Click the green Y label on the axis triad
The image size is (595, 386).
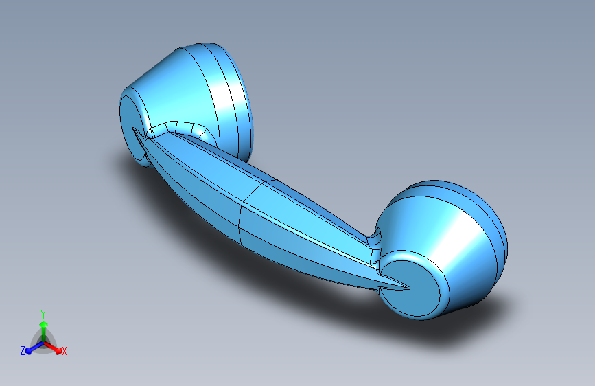(x=43, y=314)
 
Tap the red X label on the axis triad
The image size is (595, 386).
(x=64, y=351)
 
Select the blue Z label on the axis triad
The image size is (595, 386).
(x=23, y=351)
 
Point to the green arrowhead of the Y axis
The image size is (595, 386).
(x=44, y=324)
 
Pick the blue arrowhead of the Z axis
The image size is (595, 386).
(x=29, y=350)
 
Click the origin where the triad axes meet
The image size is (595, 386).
(x=44, y=343)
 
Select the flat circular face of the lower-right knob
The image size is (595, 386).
(x=410, y=288)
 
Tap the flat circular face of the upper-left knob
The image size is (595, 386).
(x=132, y=126)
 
